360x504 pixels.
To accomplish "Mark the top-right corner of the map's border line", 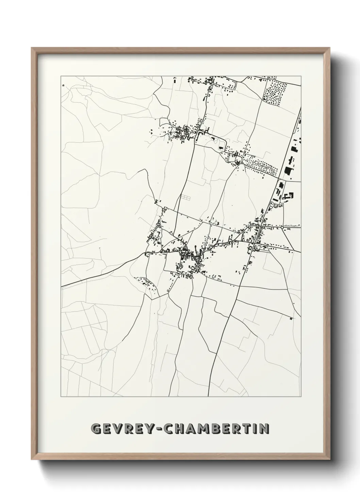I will pos(301,76).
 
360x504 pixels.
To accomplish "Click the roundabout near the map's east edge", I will pos(282,227).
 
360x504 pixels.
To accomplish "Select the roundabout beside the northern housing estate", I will pos(242,163).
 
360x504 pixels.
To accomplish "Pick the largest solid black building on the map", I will pos(289,170).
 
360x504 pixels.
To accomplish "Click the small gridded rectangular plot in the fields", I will pos(186,197).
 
